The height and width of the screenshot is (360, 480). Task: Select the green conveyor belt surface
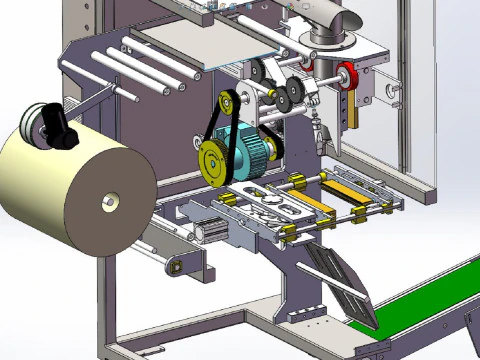tap(420, 300)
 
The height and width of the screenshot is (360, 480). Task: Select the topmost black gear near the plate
tap(258, 71)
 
